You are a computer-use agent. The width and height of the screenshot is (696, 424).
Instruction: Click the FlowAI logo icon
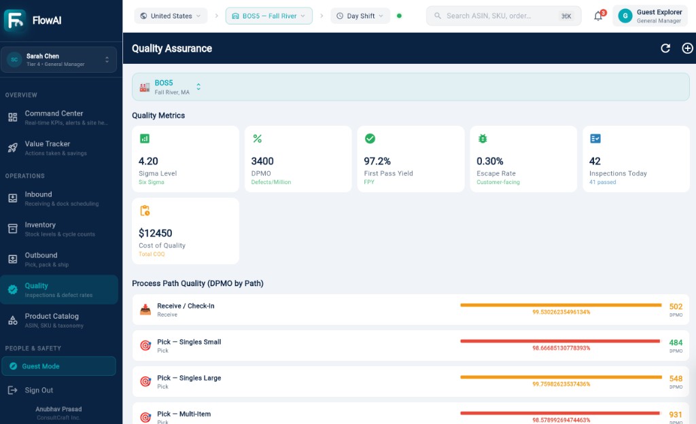[x=15, y=20]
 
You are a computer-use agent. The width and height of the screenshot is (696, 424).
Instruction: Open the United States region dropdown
[x=171, y=16]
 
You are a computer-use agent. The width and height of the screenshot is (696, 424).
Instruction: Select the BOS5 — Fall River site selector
[x=269, y=16]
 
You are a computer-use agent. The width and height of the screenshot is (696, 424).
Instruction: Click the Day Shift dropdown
[x=360, y=16]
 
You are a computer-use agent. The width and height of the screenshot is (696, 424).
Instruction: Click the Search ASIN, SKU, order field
[x=504, y=16]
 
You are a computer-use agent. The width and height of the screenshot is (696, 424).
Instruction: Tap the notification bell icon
[x=598, y=16]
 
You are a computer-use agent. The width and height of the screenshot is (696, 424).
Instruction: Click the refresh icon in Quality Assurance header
[x=665, y=48]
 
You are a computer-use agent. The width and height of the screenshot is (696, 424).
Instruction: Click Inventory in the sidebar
[x=59, y=229]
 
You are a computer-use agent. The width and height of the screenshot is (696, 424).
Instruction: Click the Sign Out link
[x=39, y=390]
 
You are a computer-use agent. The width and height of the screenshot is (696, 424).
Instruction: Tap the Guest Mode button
[x=59, y=366]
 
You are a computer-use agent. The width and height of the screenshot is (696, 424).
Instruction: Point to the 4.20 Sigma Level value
[x=148, y=161]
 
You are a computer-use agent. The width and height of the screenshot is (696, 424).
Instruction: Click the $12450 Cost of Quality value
[x=156, y=233]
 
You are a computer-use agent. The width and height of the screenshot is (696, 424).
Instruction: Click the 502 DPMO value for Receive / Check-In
[x=676, y=306]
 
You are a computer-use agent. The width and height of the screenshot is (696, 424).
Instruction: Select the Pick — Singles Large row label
[x=189, y=378]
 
